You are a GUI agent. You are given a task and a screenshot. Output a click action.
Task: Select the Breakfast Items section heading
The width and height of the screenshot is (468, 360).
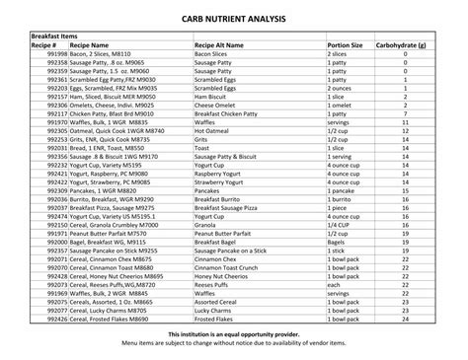tap(54, 36)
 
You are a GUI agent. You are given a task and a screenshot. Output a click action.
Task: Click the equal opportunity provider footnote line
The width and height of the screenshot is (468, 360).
tap(233, 334)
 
